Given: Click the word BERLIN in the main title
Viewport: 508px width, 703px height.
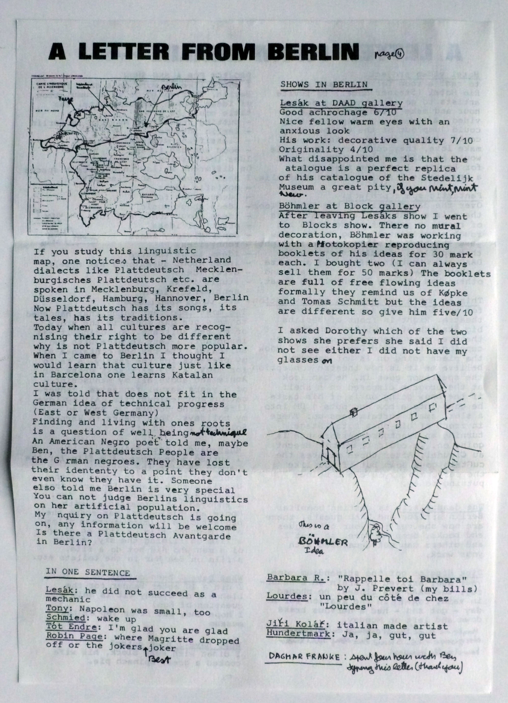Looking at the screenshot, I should (315, 52).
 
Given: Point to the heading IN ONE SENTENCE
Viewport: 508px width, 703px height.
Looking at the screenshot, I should (88, 572).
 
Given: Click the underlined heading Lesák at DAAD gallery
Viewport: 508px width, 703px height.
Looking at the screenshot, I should (341, 103).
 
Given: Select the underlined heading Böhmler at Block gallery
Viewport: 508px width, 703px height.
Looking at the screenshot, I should (349, 206).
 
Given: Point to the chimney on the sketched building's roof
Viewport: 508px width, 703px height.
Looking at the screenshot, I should (353, 412).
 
